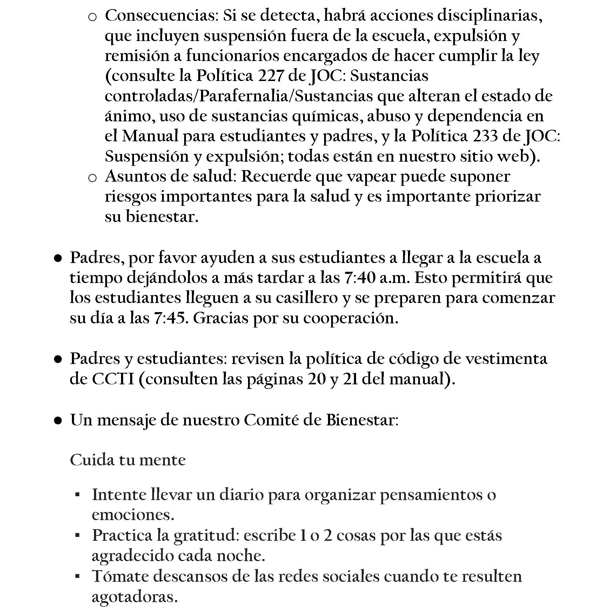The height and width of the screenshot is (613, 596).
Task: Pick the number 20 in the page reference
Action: tap(317, 379)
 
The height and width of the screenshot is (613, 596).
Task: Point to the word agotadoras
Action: tap(134, 597)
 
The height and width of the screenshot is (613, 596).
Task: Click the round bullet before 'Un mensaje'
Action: tap(58, 420)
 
